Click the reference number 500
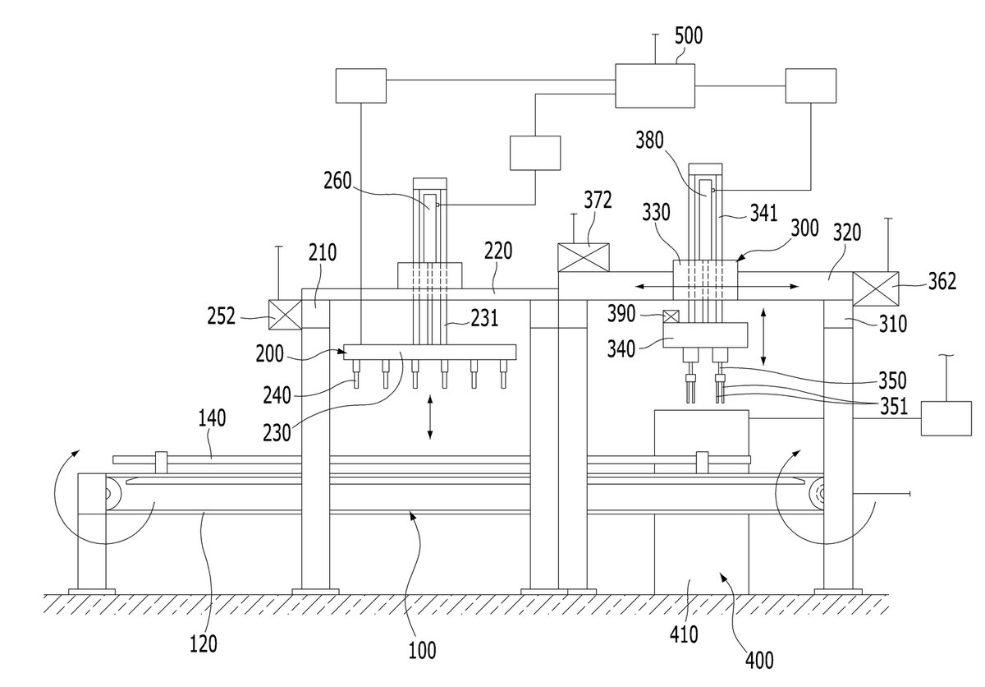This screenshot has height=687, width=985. [689, 36]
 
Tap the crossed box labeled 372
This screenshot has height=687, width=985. [584, 257]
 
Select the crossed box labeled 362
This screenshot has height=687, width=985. [876, 288]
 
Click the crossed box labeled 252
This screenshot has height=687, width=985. [285, 315]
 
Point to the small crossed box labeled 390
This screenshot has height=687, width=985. [671, 316]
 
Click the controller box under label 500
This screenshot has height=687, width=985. [655, 85]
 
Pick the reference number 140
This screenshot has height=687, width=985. [212, 418]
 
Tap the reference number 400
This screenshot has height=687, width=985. [759, 661]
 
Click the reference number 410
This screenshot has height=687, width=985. [685, 634]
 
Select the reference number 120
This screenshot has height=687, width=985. [204, 644]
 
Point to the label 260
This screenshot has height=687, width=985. [337, 181]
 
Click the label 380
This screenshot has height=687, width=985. [649, 141]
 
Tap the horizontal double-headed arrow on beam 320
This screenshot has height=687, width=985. [717, 287]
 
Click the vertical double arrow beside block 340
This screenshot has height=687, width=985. [763, 337]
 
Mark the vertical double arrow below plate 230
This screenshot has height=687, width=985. [430, 417]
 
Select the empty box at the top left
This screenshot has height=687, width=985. [361, 85]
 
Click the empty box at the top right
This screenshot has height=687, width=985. [811, 85]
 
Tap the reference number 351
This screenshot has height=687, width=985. [894, 407]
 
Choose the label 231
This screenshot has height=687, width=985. [484, 319]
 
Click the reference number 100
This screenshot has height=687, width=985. [422, 651]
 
